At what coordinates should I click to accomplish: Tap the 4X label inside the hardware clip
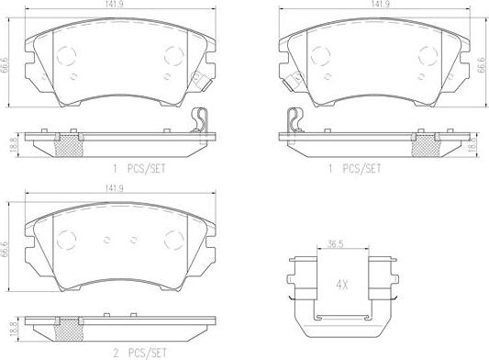[342, 285]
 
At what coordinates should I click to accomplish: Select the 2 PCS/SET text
[139, 354]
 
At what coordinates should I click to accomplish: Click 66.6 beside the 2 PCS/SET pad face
[5, 247]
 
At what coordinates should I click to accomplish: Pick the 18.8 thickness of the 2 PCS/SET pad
[13, 330]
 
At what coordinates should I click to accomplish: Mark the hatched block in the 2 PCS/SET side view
[69, 331]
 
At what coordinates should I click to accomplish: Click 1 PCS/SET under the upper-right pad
[354, 169]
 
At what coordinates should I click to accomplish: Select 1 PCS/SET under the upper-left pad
[139, 169]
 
